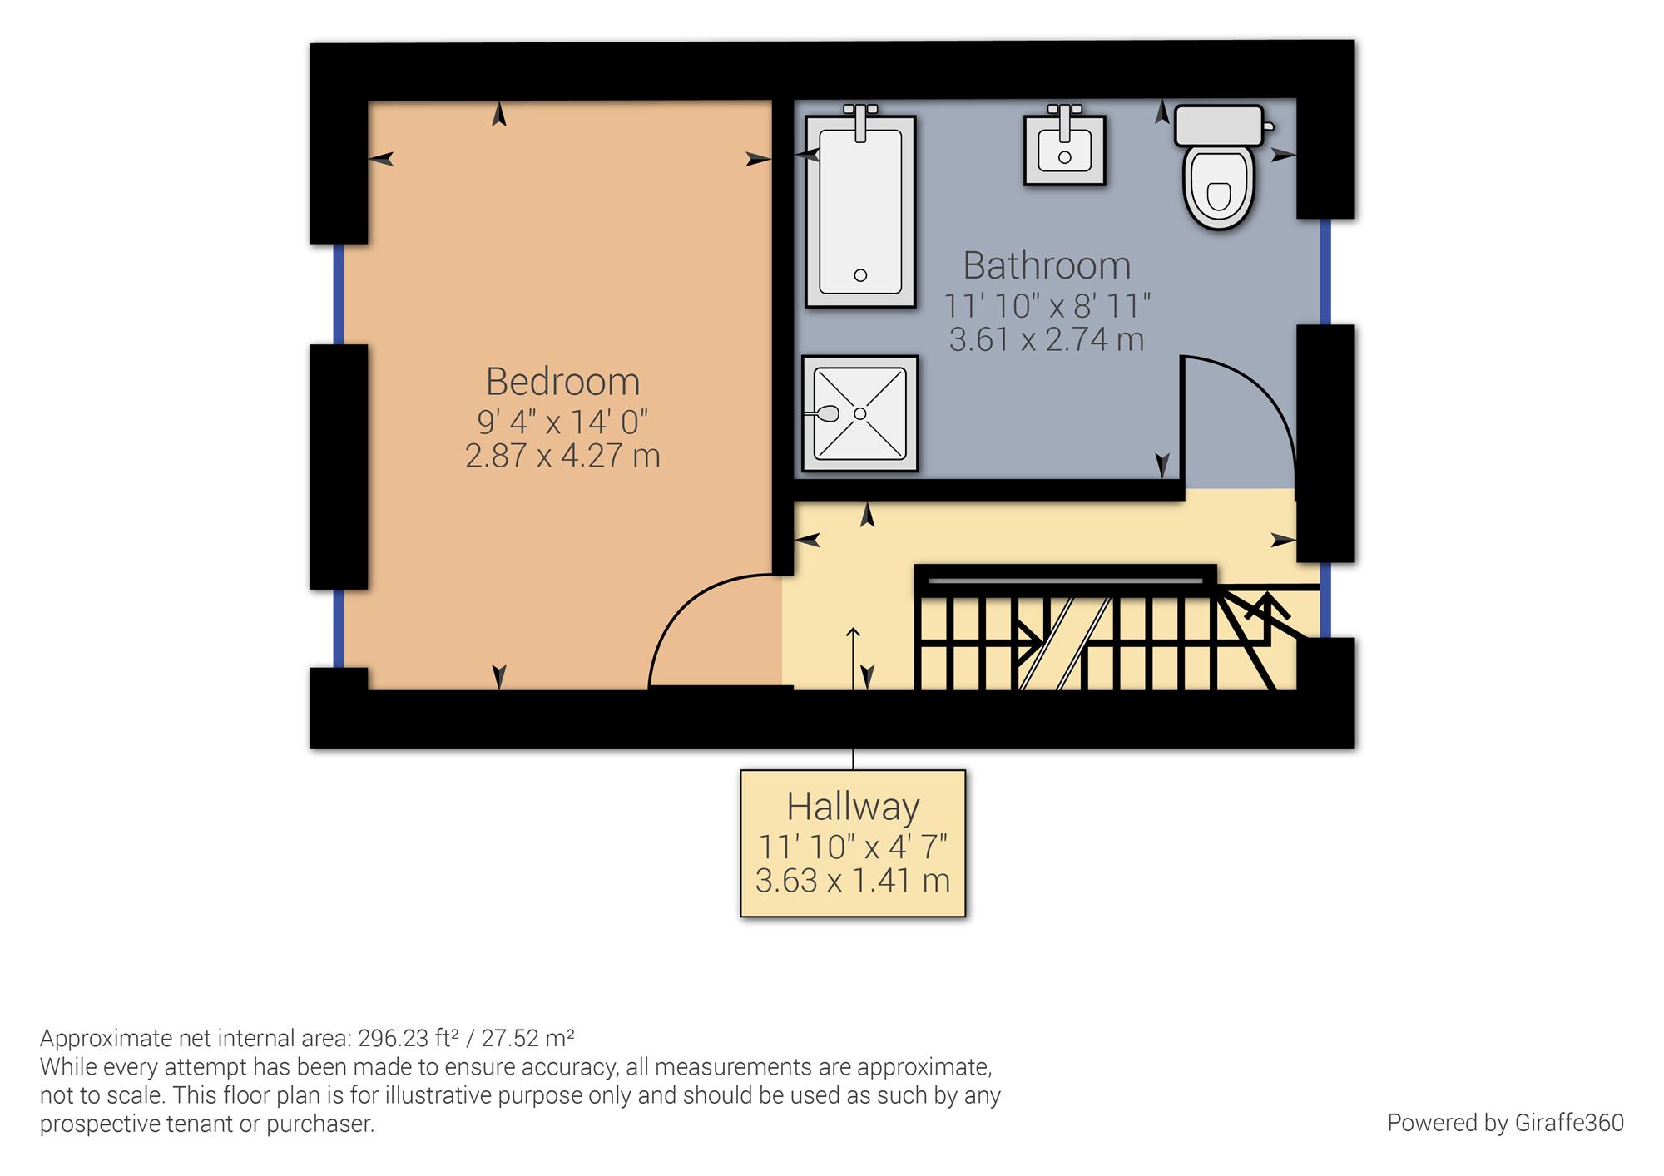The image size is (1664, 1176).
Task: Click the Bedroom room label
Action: [x=563, y=383]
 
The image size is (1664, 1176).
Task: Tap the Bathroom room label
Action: [x=1047, y=266]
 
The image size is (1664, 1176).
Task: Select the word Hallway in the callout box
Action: [x=853, y=807]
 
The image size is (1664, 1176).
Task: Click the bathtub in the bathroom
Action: [x=860, y=211]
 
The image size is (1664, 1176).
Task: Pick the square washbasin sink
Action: [x=1065, y=151]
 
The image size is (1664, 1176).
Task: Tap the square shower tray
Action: [x=860, y=413]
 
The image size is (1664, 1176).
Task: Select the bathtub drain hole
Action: [x=860, y=275]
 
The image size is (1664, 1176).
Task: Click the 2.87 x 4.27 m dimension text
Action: [x=562, y=456]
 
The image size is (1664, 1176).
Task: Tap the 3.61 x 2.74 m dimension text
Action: [x=1047, y=339]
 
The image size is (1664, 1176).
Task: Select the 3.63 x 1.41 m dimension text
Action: [x=853, y=880]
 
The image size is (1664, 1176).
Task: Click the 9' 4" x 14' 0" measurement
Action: [x=562, y=422]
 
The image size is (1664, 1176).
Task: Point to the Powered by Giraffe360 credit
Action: [x=1506, y=1123]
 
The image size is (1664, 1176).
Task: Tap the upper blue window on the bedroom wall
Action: [x=339, y=294]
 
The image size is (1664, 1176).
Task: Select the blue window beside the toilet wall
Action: [x=1325, y=271]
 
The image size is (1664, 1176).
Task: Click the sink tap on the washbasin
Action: [x=1064, y=121]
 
